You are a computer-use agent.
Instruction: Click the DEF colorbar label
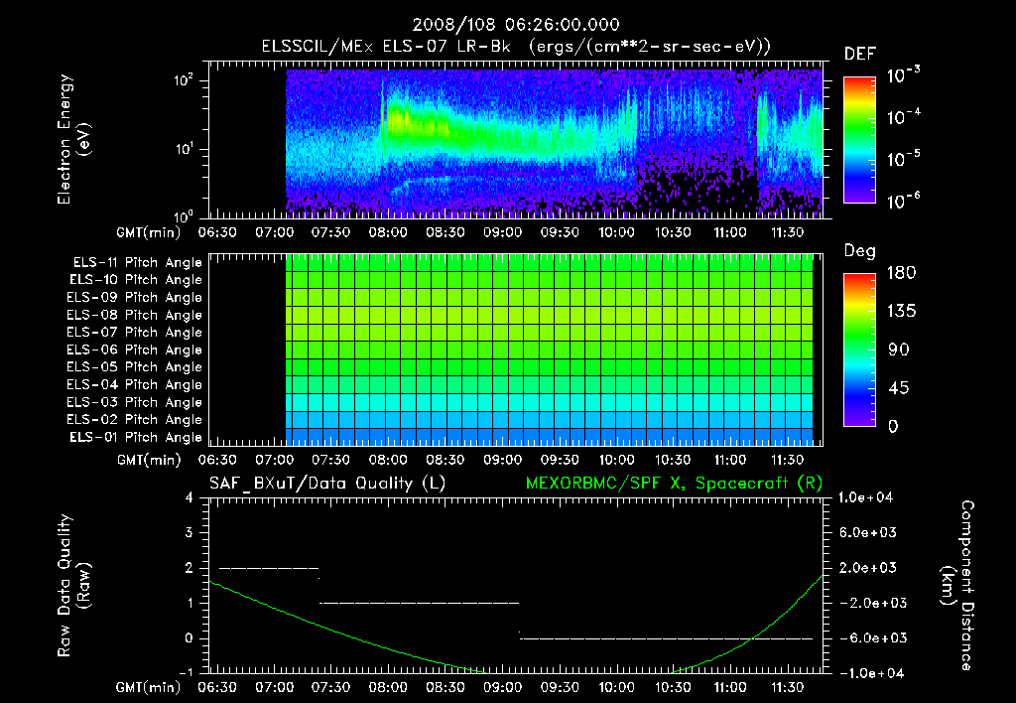[x=859, y=55]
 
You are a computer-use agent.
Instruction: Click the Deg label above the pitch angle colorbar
[x=858, y=251]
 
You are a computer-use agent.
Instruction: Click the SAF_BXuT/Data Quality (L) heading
[x=326, y=484]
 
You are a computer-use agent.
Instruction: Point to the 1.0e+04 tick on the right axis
[x=867, y=497]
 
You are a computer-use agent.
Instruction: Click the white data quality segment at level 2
[x=268, y=568]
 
